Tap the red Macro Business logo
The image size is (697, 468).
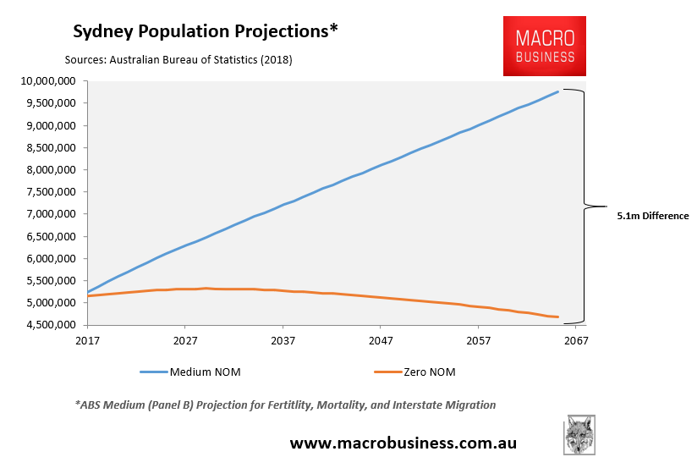click(x=544, y=47)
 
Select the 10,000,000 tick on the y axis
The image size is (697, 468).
click(x=47, y=81)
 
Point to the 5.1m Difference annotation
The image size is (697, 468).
click(x=653, y=216)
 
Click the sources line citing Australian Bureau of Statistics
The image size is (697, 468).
click(x=178, y=60)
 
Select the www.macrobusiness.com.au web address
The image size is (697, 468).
click(x=403, y=443)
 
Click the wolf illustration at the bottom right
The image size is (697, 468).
click(x=579, y=435)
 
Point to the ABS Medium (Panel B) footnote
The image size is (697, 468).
click(x=285, y=405)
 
